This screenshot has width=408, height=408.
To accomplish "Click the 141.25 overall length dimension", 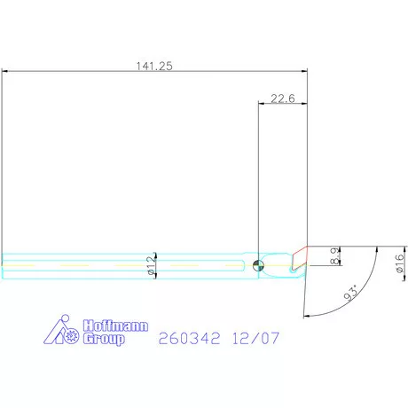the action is point(154,66).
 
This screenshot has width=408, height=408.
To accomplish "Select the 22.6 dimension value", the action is point(283,98).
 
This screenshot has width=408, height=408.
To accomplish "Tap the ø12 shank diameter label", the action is point(151,265).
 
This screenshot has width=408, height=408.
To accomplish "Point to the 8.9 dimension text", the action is point(334,256).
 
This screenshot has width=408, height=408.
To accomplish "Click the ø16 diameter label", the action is point(399,263).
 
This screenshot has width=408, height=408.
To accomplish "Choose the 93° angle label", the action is point(352,293).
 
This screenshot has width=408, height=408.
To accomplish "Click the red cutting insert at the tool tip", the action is point(300,257).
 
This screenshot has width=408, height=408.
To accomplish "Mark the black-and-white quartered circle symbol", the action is point(258,265).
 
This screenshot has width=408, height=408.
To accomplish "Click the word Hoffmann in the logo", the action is point(115,326).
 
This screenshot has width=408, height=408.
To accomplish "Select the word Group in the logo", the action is point(104,339).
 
